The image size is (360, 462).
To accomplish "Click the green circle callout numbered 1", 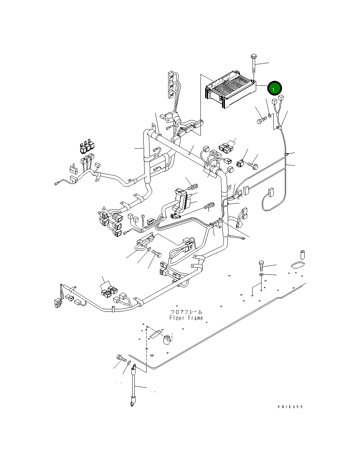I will [x=275, y=88].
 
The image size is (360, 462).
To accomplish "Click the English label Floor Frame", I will [x=186, y=318].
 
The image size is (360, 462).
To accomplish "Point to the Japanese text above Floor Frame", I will [x=186, y=311].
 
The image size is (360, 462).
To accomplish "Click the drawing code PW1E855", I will [x=290, y=407].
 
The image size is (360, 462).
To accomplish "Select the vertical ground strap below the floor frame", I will [x=134, y=386].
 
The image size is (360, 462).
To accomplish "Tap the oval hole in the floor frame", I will [x=297, y=265].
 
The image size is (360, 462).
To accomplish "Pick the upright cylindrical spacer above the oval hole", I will [x=302, y=255].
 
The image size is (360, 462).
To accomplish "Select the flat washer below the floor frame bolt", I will [x=261, y=275].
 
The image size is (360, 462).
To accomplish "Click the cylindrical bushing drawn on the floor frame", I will [x=167, y=339].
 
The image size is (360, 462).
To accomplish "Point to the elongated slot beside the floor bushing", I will [x=156, y=332].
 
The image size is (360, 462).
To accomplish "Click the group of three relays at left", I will [x=87, y=147].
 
